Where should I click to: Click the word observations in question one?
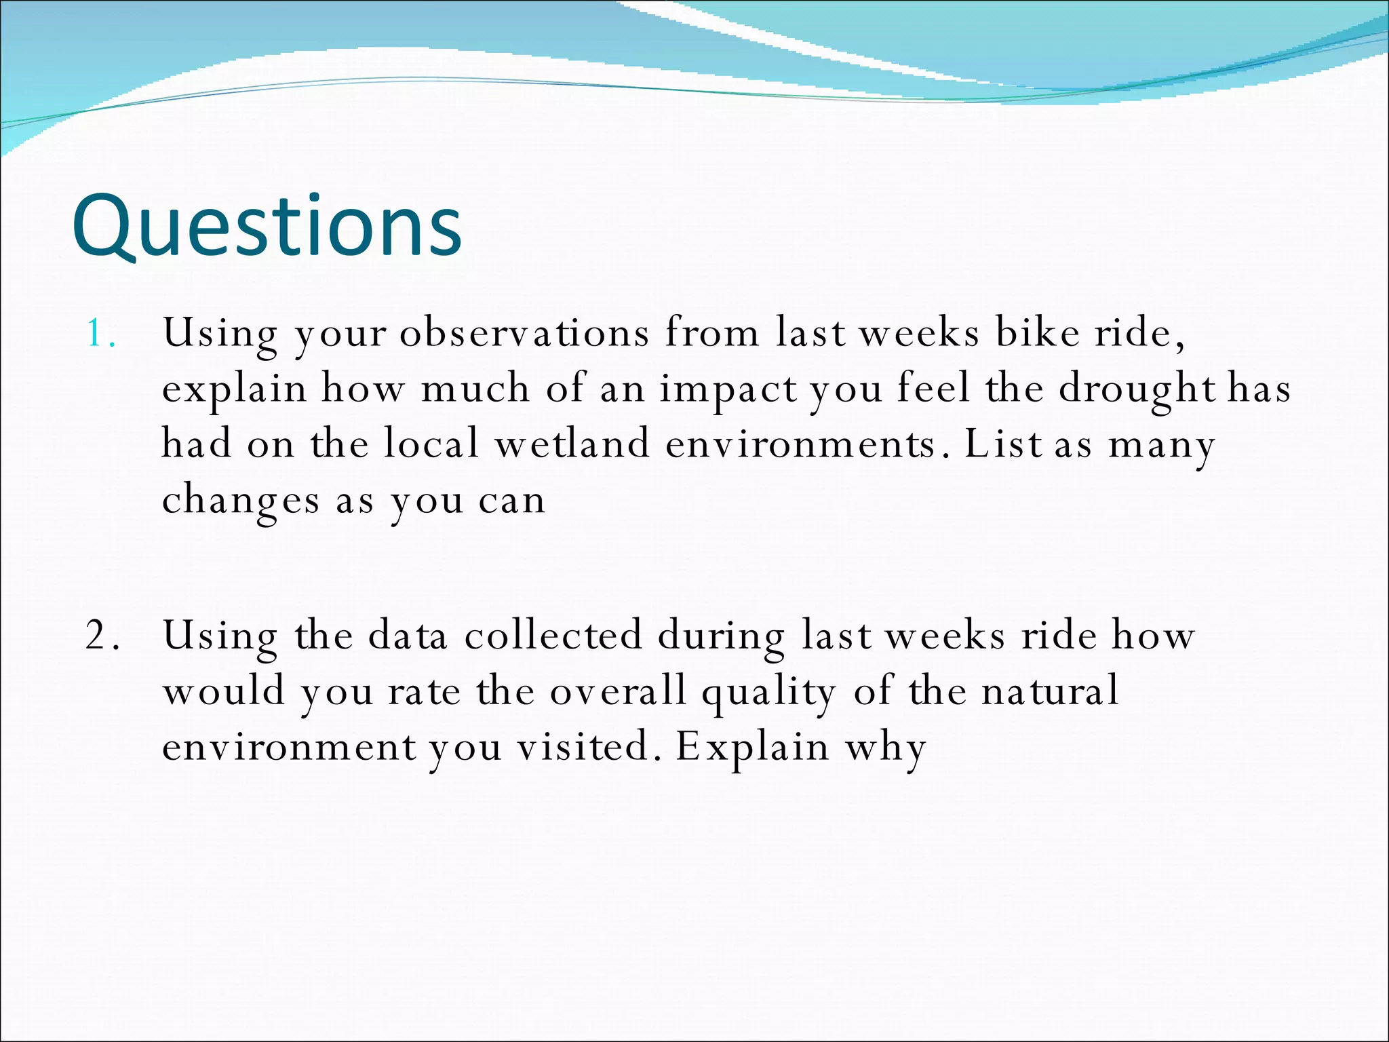[524, 333]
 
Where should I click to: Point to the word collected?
[553, 636]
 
